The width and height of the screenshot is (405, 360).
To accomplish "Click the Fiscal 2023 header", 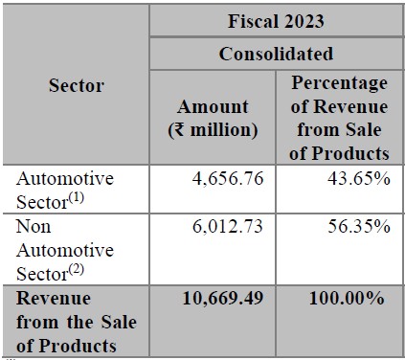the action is (x=276, y=21).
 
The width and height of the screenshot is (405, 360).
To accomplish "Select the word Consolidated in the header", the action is (x=276, y=54).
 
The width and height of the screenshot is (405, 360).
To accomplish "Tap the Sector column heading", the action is (x=77, y=85).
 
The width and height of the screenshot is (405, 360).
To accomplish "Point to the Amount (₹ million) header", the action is (x=213, y=119).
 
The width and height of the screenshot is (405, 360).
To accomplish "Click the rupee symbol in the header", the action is (x=180, y=130).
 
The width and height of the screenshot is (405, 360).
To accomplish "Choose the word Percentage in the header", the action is (x=339, y=83).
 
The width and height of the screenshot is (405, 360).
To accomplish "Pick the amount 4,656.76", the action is (x=228, y=178).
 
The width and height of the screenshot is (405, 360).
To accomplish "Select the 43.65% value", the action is (x=359, y=178).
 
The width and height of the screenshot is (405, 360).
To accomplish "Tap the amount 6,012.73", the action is (x=228, y=226).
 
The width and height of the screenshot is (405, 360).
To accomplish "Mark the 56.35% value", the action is (x=359, y=226).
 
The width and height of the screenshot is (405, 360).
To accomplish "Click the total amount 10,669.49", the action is (x=223, y=299).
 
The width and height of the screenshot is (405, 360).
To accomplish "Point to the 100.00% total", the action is (x=347, y=299).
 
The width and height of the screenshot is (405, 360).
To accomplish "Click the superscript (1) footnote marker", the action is (x=77, y=198).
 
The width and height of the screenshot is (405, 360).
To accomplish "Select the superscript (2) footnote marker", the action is (x=77, y=270).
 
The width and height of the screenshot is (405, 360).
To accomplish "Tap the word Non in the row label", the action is (x=34, y=227).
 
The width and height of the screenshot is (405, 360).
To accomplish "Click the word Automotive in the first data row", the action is (x=65, y=178).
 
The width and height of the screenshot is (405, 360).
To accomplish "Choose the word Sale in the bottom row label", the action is (x=119, y=322).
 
